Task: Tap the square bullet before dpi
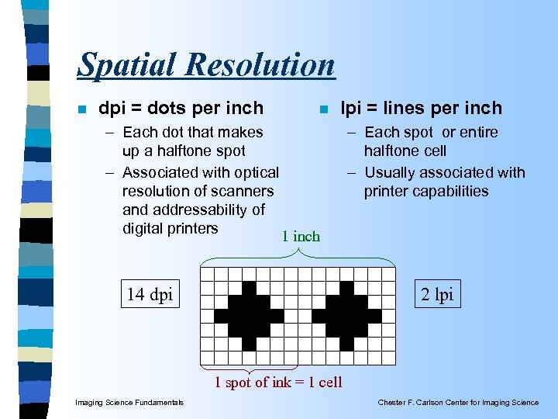pyautogui.click(x=81, y=109)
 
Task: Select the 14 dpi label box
pyautogui.click(x=150, y=295)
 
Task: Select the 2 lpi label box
pyautogui.click(x=438, y=295)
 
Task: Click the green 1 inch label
pyautogui.click(x=300, y=236)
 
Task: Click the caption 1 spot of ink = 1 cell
pyautogui.click(x=277, y=382)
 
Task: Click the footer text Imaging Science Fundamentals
pyautogui.click(x=129, y=402)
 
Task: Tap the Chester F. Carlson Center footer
pyautogui.click(x=458, y=402)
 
